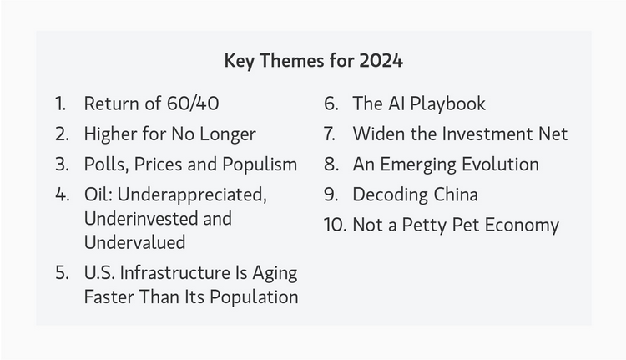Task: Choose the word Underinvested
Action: pos(137,219)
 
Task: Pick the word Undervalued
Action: pos(134,243)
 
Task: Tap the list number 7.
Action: pos(330,134)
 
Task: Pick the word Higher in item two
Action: pos(111,134)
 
